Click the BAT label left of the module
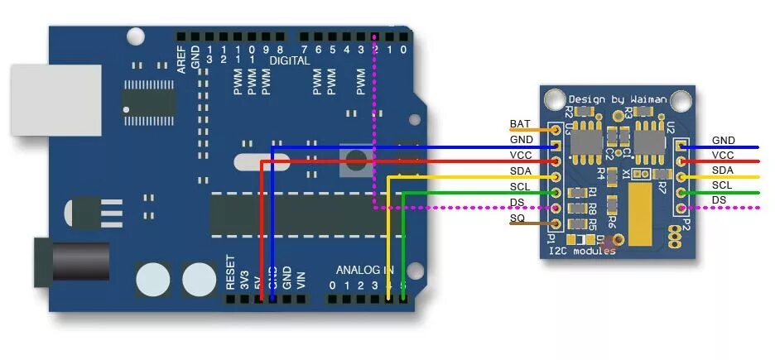click(520, 124)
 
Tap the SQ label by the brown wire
click(517, 218)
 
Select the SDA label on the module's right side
click(723, 170)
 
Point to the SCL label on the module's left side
click(520, 187)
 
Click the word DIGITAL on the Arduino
click(290, 61)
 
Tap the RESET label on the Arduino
click(231, 271)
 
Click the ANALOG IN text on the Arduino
click(364, 271)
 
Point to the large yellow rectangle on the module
click(642, 215)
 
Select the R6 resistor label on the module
click(612, 222)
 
